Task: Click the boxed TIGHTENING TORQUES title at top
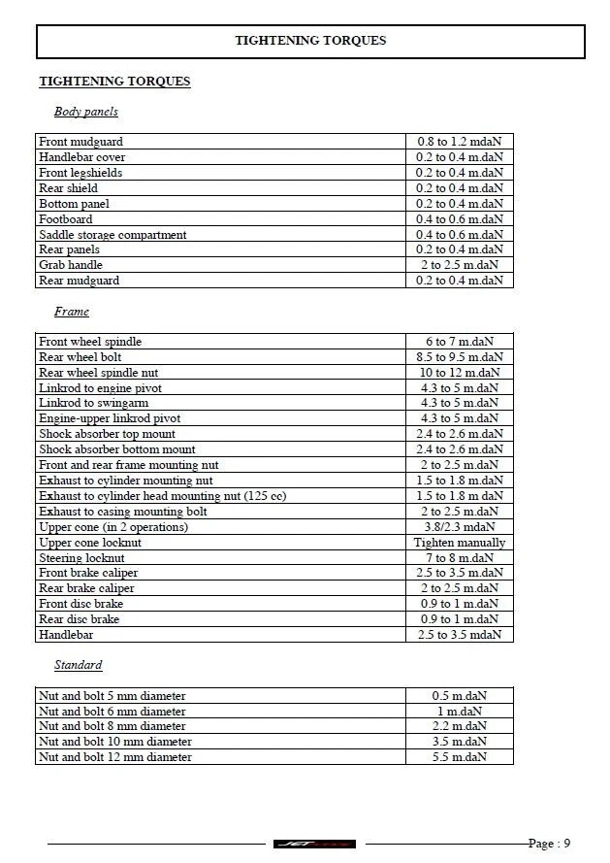click(x=310, y=41)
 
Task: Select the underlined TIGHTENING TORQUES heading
click(x=114, y=82)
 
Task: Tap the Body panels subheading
click(x=85, y=113)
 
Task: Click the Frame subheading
click(x=71, y=312)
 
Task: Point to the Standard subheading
click(x=78, y=665)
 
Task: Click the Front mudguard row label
click(x=80, y=142)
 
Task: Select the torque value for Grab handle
click(x=459, y=265)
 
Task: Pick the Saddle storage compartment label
click(x=112, y=235)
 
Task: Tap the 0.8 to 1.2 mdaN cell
click(x=459, y=142)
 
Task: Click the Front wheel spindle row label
click(x=90, y=342)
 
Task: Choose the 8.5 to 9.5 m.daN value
click(x=459, y=357)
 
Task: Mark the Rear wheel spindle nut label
click(x=98, y=373)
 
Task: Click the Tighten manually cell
click(x=459, y=543)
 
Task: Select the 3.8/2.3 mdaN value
click(x=459, y=527)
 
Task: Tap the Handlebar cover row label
click(x=81, y=157)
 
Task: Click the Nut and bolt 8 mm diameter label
click(x=112, y=726)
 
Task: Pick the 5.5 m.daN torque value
click(x=459, y=757)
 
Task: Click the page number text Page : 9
click(x=549, y=844)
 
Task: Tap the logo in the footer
click(x=314, y=844)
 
